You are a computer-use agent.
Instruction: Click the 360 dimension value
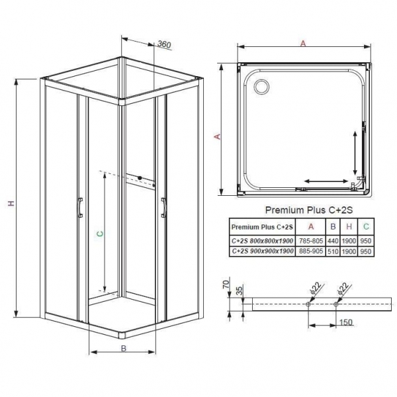[x=165, y=45]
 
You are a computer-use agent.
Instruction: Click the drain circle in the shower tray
[x=258, y=85]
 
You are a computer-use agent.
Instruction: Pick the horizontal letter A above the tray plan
[x=303, y=44]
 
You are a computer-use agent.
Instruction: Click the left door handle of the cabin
[x=80, y=206]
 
